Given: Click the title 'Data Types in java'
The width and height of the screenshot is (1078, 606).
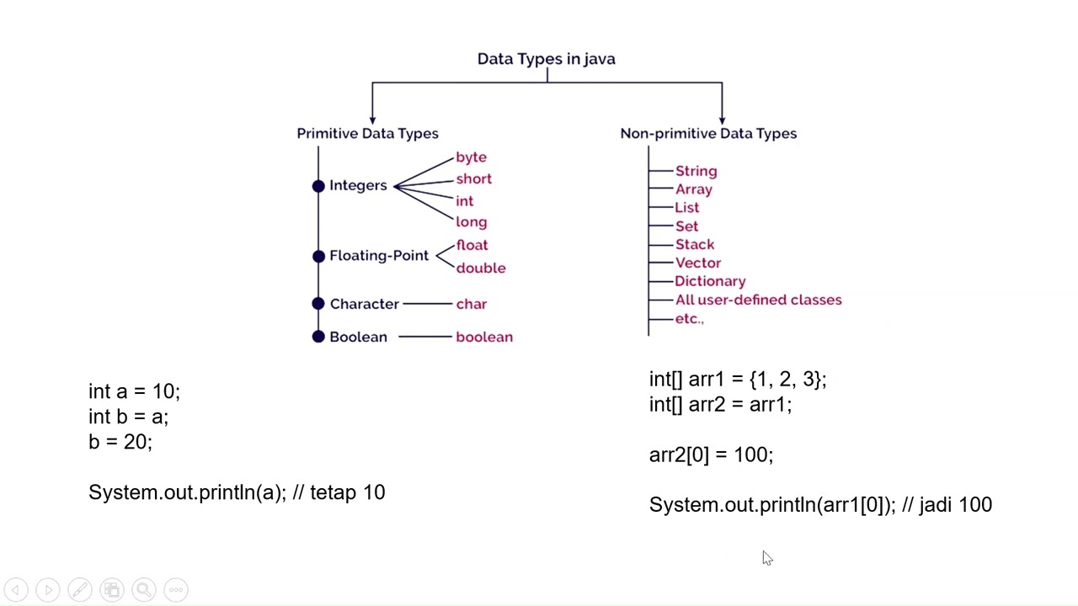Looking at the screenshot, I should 546,59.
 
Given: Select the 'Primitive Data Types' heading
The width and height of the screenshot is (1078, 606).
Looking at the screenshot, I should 367,133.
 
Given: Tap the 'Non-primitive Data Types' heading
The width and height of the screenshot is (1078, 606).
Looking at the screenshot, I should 708,133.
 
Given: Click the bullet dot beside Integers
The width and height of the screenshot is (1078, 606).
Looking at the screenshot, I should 318,186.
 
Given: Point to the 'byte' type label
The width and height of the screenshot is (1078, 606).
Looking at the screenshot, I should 471,157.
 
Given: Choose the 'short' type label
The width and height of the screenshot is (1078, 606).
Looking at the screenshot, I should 473,179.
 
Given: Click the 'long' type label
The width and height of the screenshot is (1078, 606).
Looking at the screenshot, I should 471,222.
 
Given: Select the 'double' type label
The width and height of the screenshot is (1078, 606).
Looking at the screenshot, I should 480,268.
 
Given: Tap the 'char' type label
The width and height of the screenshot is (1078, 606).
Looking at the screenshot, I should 471,304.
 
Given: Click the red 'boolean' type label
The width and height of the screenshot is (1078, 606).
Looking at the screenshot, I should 483,337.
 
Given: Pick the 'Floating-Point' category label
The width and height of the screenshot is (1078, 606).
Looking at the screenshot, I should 378,256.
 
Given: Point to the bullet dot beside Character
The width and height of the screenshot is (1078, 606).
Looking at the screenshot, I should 318,304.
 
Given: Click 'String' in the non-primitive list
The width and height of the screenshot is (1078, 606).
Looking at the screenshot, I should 696,171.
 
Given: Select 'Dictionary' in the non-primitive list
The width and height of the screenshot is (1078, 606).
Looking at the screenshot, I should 709,281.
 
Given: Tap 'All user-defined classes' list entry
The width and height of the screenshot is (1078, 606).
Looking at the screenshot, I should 758,300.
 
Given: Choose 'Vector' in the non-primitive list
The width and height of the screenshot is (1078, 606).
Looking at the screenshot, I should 697,263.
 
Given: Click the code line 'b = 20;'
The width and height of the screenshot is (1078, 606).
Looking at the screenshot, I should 120,442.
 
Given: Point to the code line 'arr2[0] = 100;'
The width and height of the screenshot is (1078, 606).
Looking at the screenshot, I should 710,454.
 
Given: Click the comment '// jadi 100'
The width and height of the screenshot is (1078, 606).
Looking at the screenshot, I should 947,505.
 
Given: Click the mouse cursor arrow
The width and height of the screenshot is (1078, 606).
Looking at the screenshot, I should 766,558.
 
